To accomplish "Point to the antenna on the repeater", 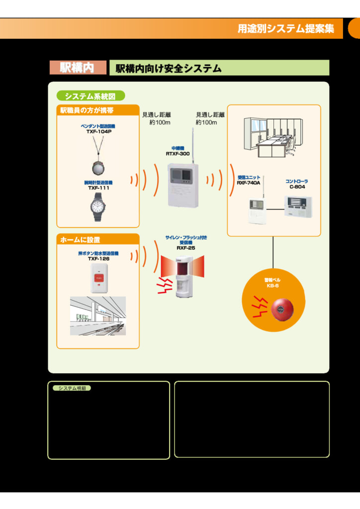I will [192, 144].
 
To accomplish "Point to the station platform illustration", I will [98, 316].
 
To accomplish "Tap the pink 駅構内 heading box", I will [78, 68].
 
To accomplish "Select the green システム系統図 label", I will [90, 96].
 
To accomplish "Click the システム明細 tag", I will [72, 388].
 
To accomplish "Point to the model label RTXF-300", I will [178, 154].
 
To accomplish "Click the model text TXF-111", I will [98, 188].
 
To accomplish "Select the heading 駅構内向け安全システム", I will [169, 69].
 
